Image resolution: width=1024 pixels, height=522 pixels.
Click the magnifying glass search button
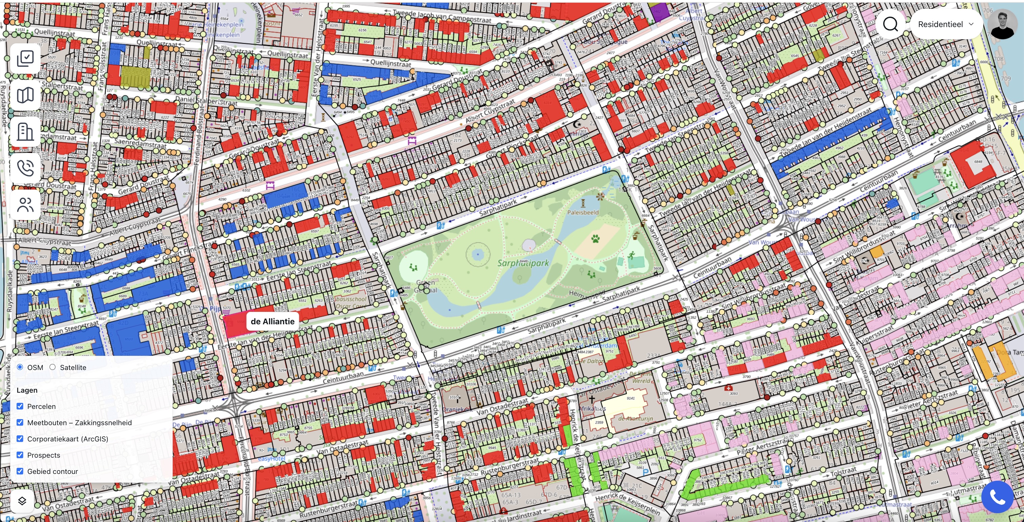coord(891,24)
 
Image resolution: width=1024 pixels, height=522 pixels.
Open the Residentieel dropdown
coord(945,24)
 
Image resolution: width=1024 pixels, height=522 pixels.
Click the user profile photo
coord(1002,24)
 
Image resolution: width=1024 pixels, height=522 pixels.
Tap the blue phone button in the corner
coord(997,497)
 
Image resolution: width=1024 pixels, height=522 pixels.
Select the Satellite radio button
coord(52,367)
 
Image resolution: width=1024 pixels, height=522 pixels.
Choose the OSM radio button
coord(20,367)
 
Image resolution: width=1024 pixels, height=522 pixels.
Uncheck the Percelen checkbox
coord(20,406)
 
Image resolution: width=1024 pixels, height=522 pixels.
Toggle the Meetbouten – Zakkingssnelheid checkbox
coord(20,422)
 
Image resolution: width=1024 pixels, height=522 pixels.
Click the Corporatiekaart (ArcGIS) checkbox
coord(20,439)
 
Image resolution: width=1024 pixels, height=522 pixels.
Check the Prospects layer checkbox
coord(20,455)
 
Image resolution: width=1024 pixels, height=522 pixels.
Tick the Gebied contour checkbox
coord(20,471)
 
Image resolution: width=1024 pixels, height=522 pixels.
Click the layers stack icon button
coord(22,501)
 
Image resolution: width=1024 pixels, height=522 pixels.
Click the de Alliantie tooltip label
coord(272,321)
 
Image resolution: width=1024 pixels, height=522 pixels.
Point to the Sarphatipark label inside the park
coord(523,263)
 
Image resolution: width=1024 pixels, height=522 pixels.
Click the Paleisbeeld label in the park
coord(582,213)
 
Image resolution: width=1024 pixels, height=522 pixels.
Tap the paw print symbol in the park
coord(595,239)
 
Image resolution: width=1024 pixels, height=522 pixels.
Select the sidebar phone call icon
coord(25,168)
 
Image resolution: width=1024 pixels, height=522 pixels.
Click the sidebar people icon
coord(25,204)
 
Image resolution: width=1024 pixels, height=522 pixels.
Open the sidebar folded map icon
coord(25,95)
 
